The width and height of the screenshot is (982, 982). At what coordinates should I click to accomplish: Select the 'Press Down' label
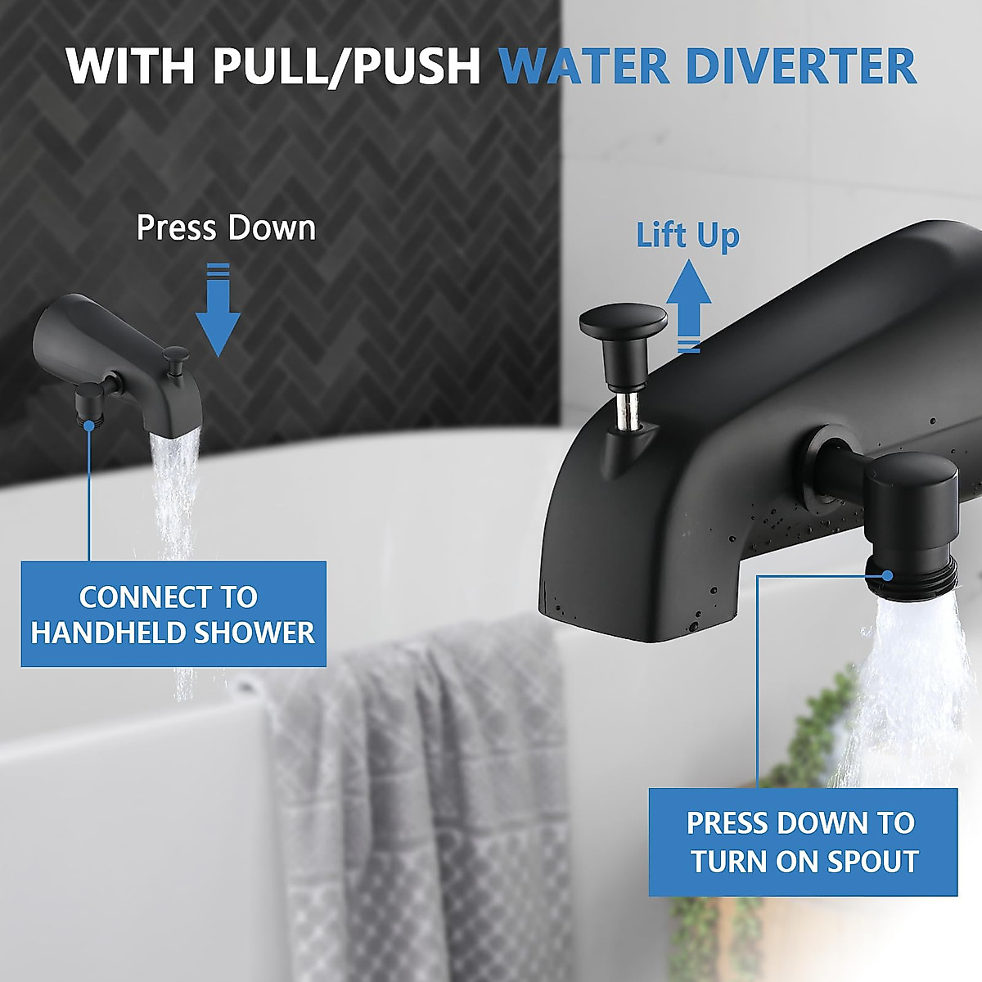tap(226, 227)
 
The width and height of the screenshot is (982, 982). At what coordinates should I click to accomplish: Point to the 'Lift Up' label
tap(687, 236)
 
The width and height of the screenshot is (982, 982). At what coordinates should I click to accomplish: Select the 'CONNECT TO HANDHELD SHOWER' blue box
tap(173, 614)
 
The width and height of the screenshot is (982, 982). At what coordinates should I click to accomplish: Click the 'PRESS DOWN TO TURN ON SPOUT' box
tap(802, 842)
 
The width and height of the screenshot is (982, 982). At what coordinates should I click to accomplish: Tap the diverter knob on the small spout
tap(175, 358)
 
